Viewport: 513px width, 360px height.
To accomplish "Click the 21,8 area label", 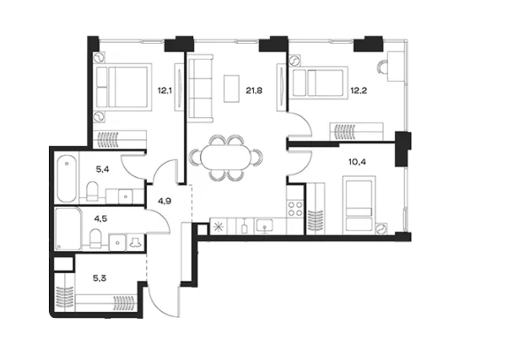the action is [254, 90].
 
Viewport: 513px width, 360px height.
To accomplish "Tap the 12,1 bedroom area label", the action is [165, 90].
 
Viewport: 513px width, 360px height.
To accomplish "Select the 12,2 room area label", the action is [359, 90].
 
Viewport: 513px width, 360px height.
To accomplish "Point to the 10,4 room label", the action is [357, 162].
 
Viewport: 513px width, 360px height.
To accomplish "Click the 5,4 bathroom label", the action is [102, 169].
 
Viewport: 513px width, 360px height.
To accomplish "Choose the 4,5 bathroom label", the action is [100, 218].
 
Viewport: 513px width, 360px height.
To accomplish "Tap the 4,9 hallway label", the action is [165, 201].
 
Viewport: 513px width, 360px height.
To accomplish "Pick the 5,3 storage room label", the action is [100, 278].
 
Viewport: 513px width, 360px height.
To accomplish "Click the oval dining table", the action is [226, 158].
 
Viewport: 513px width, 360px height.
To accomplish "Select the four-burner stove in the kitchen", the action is [295, 208].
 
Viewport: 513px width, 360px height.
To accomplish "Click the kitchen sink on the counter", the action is [265, 226].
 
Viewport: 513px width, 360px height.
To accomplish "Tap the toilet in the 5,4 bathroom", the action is [92, 191].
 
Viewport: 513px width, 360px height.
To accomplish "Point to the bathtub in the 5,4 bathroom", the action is [67, 179].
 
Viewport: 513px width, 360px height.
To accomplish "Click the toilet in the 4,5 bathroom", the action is [95, 238].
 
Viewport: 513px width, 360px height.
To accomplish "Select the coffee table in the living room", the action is [232, 89].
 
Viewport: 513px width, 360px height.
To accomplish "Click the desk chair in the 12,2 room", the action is [381, 68].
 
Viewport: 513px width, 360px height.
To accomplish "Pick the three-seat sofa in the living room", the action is [200, 89].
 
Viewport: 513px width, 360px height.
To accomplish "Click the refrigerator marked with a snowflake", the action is [218, 226].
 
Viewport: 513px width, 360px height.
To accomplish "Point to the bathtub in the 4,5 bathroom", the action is [68, 228].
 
